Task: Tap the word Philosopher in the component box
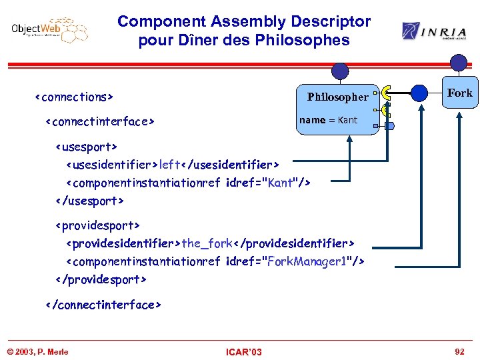pyautogui.click(x=337, y=97)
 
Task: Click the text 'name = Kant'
pyautogui.click(x=328, y=120)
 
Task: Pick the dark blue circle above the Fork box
pyautogui.click(x=459, y=63)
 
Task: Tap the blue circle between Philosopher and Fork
pyautogui.click(x=419, y=93)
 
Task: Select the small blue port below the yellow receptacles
pyautogui.click(x=389, y=125)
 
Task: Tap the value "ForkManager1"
pyautogui.click(x=312, y=262)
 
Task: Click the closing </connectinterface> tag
pyautogui.click(x=103, y=305)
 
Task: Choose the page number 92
pyautogui.click(x=459, y=351)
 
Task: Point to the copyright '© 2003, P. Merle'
pyautogui.click(x=38, y=352)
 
